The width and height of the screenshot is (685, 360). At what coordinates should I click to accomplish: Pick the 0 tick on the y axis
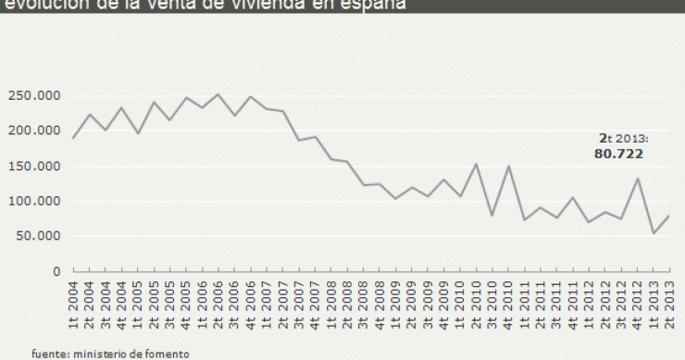56,271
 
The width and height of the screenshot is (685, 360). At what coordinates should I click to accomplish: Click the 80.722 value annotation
618,154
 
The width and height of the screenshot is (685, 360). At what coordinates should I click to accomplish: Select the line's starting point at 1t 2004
73,138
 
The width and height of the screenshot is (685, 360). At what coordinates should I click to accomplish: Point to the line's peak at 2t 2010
476,164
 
